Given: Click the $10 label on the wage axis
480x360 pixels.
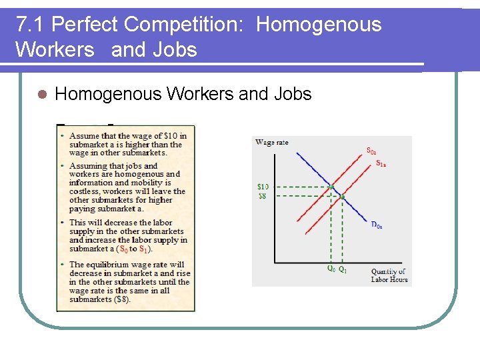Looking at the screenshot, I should point(263,187).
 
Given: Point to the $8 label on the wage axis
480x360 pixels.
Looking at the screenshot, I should point(263,196).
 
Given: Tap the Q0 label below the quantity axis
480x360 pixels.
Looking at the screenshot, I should point(331,270).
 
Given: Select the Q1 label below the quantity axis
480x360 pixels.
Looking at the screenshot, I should point(343,270).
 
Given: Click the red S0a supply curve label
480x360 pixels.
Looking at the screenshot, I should point(375,150).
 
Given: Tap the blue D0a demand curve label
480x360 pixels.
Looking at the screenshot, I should point(377,225).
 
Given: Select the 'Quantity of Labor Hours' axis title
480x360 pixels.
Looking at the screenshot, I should point(388,275).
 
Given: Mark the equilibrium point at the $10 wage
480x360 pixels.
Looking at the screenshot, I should point(331,187).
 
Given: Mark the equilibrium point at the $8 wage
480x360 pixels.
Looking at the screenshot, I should point(342,197).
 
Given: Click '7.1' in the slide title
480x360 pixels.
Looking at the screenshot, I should point(31,25).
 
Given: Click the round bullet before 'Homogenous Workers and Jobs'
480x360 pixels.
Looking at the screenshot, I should point(41,95).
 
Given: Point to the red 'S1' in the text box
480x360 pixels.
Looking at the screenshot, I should point(143,249).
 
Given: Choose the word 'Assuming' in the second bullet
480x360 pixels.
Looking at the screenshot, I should point(87,166).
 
